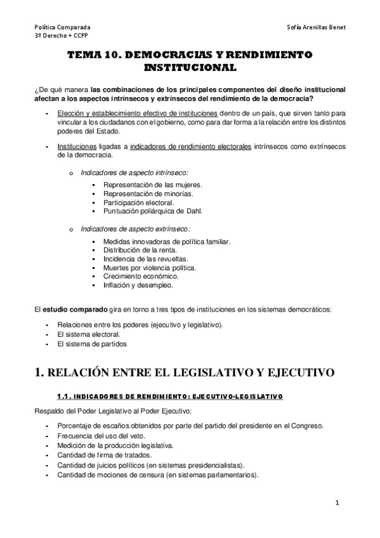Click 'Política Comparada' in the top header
[x=62, y=28]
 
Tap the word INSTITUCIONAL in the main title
[x=190, y=67]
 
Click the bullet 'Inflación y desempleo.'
[x=138, y=285]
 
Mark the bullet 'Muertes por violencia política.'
[x=149, y=268]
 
